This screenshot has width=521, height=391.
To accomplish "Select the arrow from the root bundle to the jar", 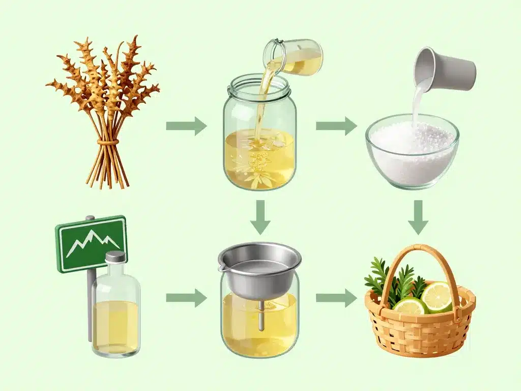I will tap(186, 126).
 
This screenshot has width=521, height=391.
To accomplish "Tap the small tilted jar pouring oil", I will tap(295, 57).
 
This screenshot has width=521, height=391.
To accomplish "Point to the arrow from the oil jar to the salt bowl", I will tap(336, 126).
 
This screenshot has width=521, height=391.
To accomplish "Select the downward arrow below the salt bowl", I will tap(418, 216).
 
